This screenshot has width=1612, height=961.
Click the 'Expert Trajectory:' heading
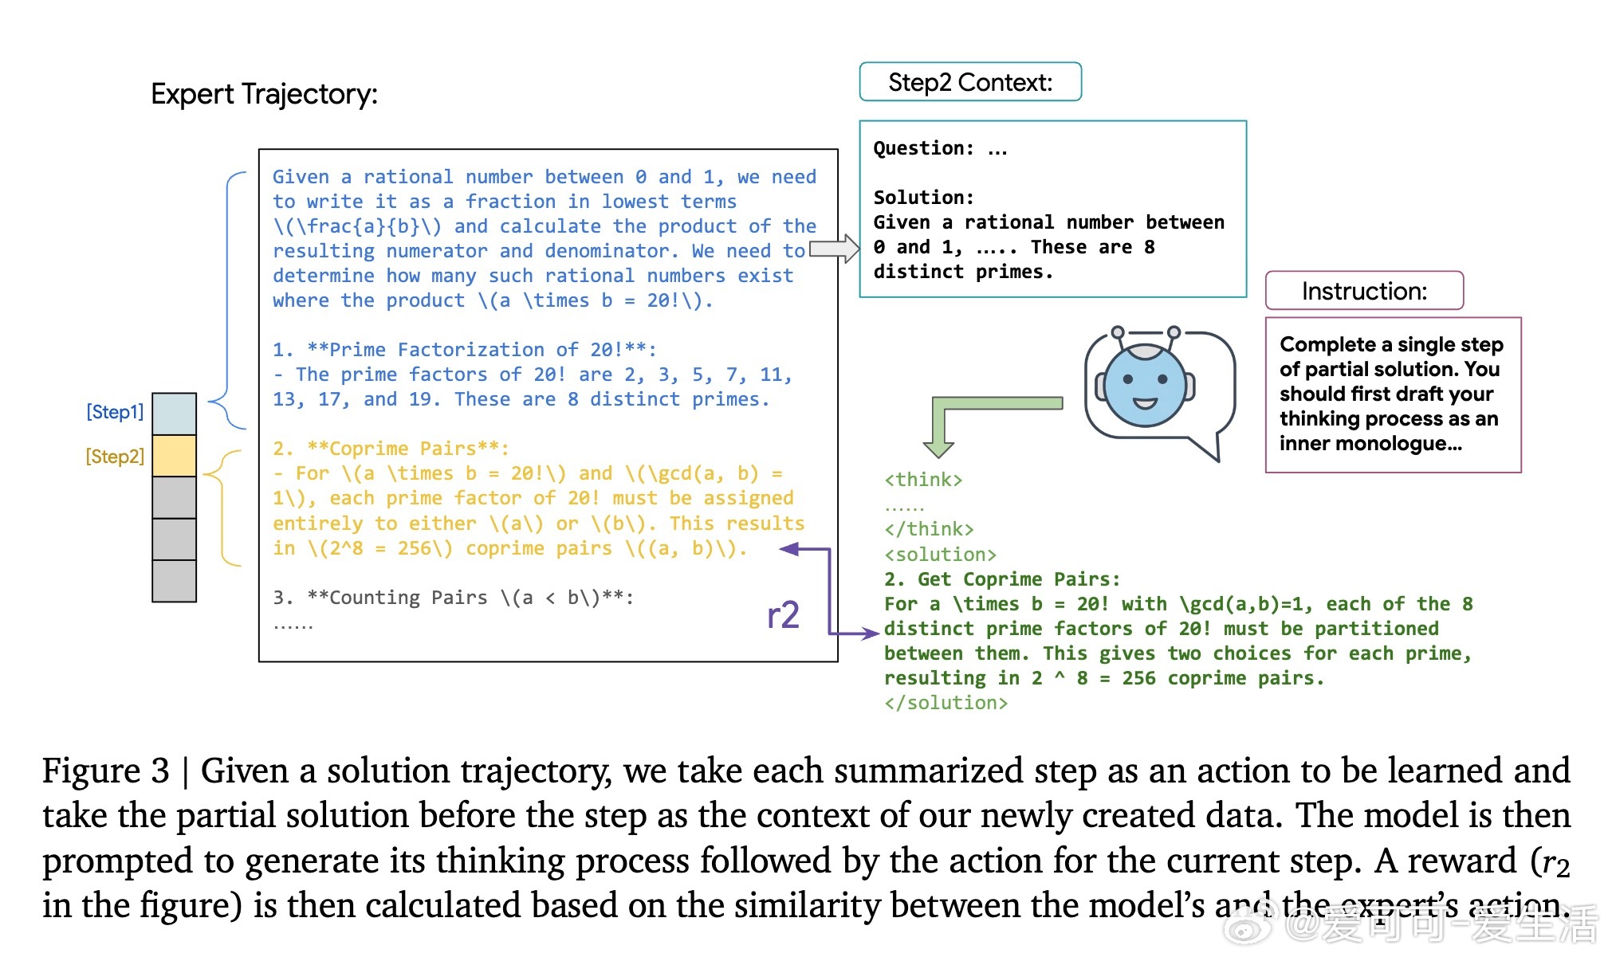(x=264, y=94)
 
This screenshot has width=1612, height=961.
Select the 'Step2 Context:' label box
(x=969, y=82)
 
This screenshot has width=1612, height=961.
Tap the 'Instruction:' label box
(x=1363, y=291)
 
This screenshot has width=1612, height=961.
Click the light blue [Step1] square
(x=174, y=414)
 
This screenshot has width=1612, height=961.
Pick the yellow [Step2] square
(x=174, y=456)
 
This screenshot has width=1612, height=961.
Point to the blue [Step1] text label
(x=115, y=412)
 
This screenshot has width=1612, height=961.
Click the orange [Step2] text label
(x=115, y=457)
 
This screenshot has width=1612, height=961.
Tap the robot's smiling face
(x=1145, y=386)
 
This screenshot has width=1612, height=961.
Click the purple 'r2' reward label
(x=783, y=615)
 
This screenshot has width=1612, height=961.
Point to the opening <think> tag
(x=923, y=480)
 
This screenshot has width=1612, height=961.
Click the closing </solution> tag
(x=946, y=703)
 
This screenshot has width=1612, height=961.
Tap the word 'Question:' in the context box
(x=923, y=148)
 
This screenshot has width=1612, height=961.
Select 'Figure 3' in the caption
(x=105, y=771)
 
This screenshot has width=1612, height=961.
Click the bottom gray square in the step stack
(x=174, y=581)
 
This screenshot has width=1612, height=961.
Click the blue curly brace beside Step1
(x=227, y=299)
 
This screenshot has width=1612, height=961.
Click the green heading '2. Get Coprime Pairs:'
(x=1002, y=579)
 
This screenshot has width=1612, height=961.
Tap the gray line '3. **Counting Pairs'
(x=453, y=598)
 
